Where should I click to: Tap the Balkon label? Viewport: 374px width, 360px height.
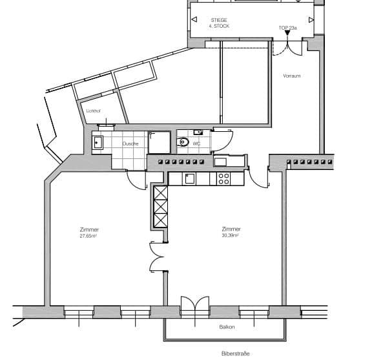click(226, 327)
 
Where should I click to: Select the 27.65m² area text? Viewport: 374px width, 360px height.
click(88, 236)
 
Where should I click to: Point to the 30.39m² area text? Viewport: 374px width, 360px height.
click(230, 236)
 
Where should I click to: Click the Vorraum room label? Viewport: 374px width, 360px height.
click(291, 76)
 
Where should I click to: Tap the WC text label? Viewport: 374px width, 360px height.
click(196, 143)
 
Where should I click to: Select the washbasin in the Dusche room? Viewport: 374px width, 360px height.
click(98, 142)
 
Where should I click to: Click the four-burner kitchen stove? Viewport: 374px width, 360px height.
click(223, 178)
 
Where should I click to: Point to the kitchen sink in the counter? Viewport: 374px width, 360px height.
click(189, 178)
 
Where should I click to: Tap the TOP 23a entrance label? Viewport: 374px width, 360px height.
click(287, 28)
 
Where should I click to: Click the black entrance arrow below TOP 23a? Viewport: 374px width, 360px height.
click(287, 34)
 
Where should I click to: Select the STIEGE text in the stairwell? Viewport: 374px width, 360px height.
click(218, 20)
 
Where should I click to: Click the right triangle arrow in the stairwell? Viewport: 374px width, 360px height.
click(311, 20)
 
